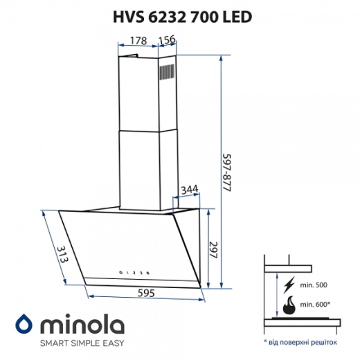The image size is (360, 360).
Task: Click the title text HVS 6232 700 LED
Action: coord(180,15)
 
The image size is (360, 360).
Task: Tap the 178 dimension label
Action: coord(137,41)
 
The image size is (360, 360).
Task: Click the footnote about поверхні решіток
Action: coord(303,342)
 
